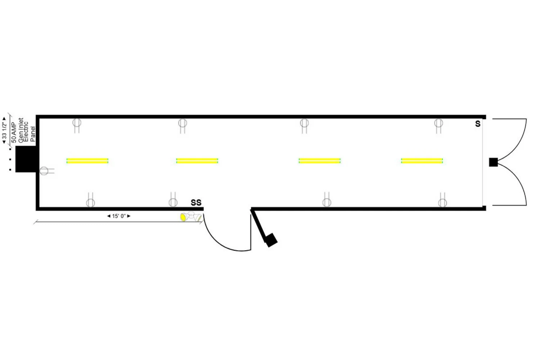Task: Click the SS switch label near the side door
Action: pyautogui.click(x=196, y=203)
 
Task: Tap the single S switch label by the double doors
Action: pyautogui.click(x=478, y=124)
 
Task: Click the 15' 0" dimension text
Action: pyautogui.click(x=119, y=216)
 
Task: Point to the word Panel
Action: pyautogui.click(x=33, y=134)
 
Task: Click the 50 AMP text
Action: pyautogui.click(x=14, y=132)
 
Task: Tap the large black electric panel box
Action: pyautogui.click(x=26, y=159)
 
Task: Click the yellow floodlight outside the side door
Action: pyautogui.click(x=184, y=217)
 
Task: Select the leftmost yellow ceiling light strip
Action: pyautogui.click(x=87, y=161)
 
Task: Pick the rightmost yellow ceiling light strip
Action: pyautogui.click(x=422, y=161)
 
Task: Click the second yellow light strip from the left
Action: pyautogui.click(x=197, y=161)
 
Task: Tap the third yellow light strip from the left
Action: pyautogui.click(x=320, y=161)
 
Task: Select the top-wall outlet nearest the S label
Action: pyautogui.click(x=438, y=126)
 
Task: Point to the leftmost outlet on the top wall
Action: pyautogui.click(x=77, y=126)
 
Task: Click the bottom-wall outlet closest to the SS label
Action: pyautogui.click(x=173, y=199)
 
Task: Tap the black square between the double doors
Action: pyautogui.click(x=493, y=162)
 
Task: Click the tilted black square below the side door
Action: pyautogui.click(x=271, y=240)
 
